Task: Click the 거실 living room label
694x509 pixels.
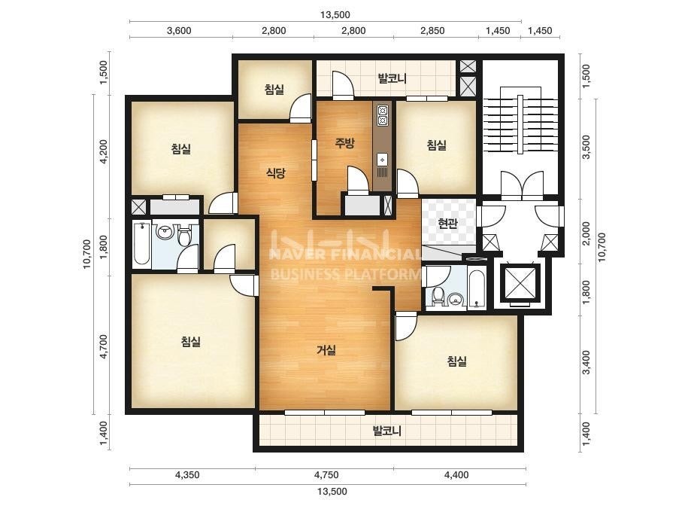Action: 326,350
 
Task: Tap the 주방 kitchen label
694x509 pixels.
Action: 345,143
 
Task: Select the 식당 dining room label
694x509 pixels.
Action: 275,173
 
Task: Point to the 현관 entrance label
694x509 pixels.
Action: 447,223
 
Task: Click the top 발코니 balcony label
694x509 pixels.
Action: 392,79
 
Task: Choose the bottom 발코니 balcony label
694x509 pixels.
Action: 386,431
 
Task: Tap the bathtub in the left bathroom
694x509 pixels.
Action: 142,244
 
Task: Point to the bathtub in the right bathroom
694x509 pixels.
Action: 477,288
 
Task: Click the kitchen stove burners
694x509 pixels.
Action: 383,115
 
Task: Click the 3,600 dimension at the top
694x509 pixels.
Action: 179,31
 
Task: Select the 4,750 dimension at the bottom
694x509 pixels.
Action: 326,475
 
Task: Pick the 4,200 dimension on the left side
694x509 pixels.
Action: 103,151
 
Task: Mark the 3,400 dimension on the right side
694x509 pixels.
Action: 586,362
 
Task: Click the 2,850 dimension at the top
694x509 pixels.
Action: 432,31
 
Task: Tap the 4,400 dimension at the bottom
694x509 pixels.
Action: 456,475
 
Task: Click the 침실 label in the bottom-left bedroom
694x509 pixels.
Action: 191,341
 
